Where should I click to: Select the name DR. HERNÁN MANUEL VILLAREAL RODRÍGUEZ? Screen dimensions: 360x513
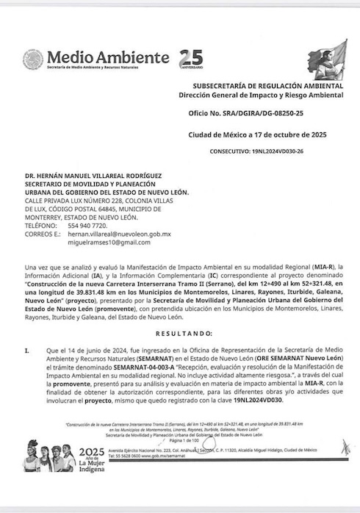(97, 176)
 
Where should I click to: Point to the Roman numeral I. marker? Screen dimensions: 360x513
(26, 350)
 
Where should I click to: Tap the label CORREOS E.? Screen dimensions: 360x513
(43, 234)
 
